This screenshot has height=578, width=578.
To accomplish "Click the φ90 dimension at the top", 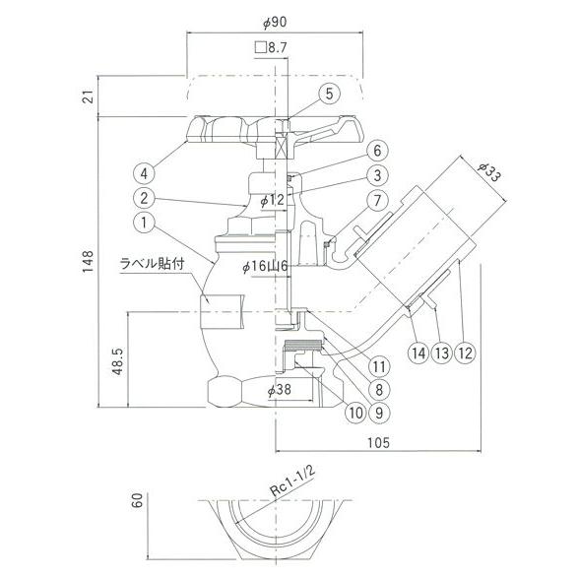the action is tap(275, 22).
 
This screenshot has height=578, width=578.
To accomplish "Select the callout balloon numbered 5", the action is tap(329, 94).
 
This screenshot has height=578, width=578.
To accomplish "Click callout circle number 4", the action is tap(144, 173).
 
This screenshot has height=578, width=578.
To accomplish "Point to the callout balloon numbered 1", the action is tap(144, 223).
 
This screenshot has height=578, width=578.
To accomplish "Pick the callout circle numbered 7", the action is tap(377, 201).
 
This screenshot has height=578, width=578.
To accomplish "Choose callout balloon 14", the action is tap(418, 353).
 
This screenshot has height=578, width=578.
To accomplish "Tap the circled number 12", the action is tap(466, 353).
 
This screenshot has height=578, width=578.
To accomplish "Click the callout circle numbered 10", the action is tap(356, 413).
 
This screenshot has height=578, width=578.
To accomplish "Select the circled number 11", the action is tap(379, 366).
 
